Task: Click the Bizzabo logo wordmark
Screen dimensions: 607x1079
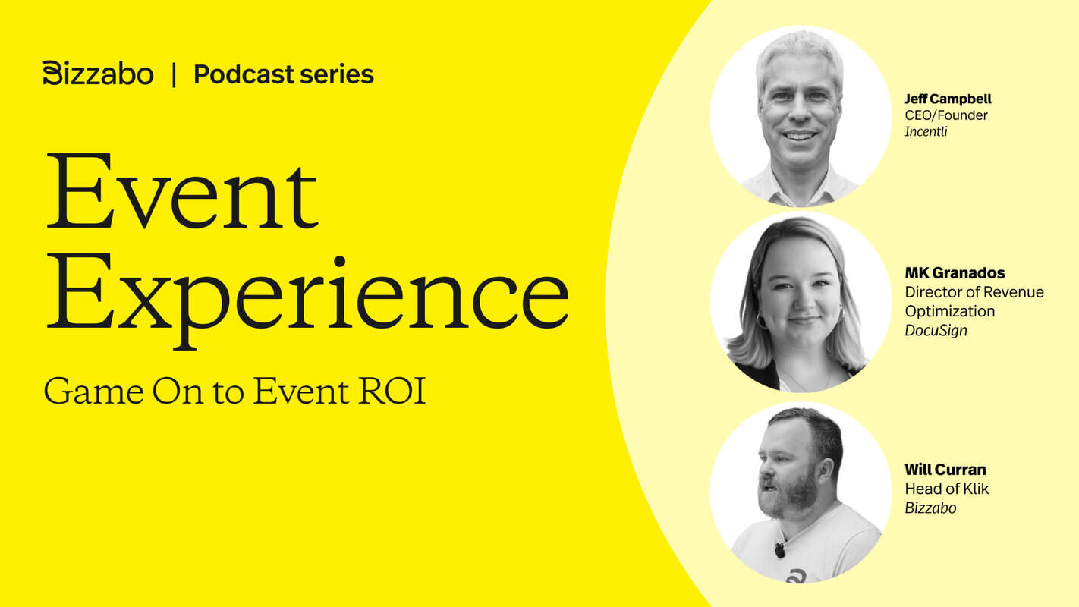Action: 99,74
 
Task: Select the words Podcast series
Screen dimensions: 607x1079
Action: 284,74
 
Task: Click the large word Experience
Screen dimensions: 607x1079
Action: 307,292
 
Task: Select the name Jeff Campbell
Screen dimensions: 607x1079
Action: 948,99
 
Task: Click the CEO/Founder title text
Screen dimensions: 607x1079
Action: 946,115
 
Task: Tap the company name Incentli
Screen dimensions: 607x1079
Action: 926,132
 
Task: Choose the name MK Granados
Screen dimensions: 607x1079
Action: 955,273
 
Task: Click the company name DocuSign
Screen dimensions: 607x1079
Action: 936,331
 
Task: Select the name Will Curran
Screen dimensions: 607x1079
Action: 945,470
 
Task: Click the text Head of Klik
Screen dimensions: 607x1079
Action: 947,489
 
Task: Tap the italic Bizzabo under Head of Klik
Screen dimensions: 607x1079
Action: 930,508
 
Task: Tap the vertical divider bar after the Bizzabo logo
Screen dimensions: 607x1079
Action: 174,74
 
